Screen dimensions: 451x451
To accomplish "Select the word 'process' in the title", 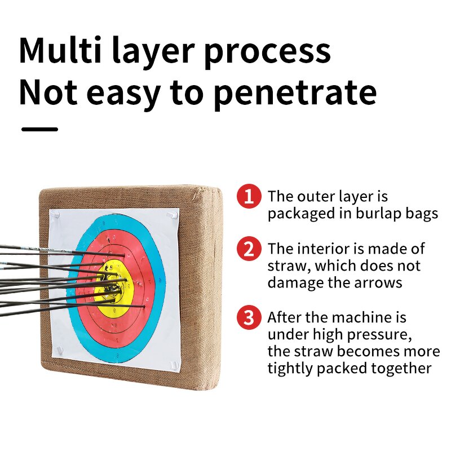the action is (267, 53).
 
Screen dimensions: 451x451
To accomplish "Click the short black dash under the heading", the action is (39, 130).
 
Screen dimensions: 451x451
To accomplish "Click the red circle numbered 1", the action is (249, 196).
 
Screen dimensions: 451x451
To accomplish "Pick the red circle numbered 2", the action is (249, 249).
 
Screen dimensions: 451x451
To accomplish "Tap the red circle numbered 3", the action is (249, 317).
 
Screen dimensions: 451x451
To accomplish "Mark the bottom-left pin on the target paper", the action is (60, 350).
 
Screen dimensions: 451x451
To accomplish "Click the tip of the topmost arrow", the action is (125, 255).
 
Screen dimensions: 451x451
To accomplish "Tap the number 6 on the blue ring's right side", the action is (160, 280).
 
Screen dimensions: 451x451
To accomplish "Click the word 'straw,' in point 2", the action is (289, 266).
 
